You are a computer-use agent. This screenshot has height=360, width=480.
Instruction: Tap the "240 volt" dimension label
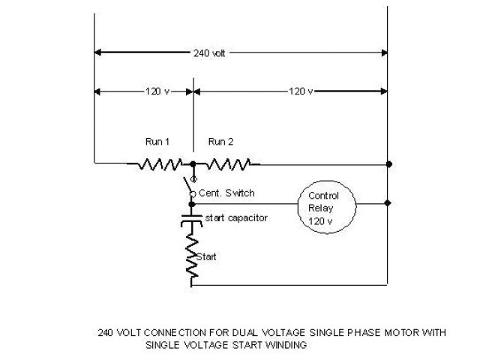(x=208, y=53)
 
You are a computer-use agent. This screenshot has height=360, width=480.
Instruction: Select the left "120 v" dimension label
(x=157, y=91)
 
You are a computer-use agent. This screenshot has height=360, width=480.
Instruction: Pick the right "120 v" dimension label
(x=301, y=91)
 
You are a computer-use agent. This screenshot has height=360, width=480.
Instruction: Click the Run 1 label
(x=157, y=142)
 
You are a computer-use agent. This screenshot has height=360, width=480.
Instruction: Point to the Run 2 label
(x=220, y=142)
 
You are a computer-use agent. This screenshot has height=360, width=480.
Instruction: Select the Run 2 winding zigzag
(x=229, y=163)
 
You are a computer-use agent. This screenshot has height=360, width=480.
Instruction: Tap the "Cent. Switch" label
(x=226, y=193)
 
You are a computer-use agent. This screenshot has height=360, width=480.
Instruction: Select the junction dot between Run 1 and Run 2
(x=193, y=163)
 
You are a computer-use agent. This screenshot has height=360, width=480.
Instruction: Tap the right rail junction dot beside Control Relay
(x=387, y=202)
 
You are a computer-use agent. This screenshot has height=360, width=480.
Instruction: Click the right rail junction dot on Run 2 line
(x=387, y=163)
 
